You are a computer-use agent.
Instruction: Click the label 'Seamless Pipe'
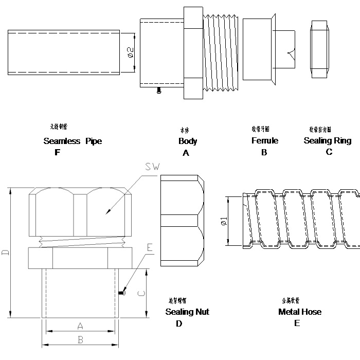click(73, 141)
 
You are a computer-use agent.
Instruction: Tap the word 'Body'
click(187, 141)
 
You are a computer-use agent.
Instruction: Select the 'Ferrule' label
click(264, 140)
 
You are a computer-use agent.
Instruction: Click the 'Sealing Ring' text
click(328, 140)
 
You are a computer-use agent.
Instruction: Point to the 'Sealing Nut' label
click(187, 312)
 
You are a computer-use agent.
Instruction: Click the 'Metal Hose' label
click(300, 312)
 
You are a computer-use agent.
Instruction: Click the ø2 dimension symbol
click(130, 51)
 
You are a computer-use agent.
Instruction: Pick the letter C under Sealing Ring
click(329, 152)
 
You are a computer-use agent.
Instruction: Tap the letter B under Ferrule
click(264, 152)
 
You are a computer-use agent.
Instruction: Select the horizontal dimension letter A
click(80, 326)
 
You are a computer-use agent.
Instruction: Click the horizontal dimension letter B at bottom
click(80, 339)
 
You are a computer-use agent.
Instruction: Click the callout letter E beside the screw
click(150, 247)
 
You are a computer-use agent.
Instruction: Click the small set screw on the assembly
click(122, 293)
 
